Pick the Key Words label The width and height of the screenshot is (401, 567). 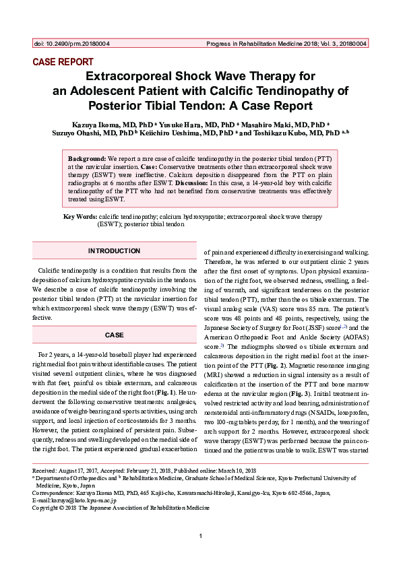click(x=80, y=216)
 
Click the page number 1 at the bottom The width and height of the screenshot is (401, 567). click(x=201, y=535)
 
